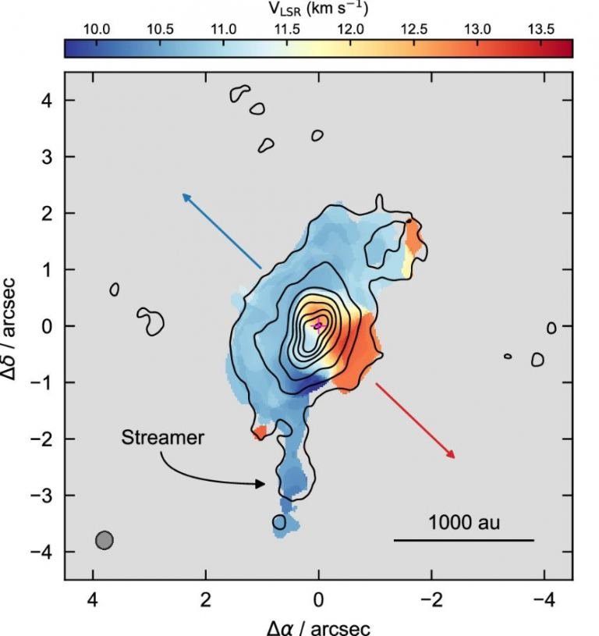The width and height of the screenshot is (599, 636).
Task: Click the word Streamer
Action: [x=162, y=438]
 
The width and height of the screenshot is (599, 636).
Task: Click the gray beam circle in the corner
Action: [x=105, y=540]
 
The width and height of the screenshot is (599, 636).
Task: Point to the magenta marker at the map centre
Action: [x=318, y=325]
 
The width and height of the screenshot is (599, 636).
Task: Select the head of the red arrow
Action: [x=452, y=456]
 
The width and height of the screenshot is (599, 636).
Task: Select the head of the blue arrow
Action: [x=184, y=195]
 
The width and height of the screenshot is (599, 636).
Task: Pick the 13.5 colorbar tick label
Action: [x=540, y=29]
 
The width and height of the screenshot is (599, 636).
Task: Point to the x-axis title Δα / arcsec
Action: [x=318, y=627]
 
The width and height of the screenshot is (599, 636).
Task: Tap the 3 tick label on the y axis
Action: [x=46, y=157]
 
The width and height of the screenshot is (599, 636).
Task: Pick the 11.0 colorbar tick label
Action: [x=223, y=29]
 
